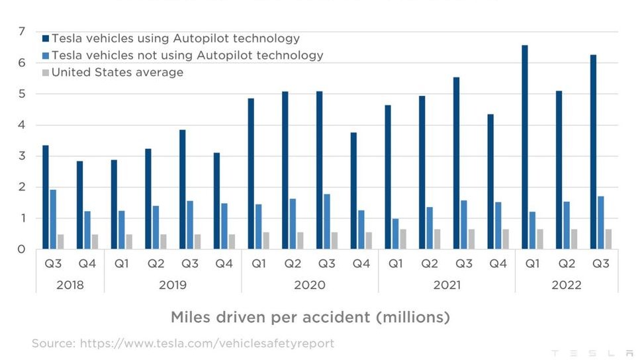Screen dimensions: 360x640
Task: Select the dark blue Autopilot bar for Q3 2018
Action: [46, 197]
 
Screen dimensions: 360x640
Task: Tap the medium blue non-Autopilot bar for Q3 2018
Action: [53, 219]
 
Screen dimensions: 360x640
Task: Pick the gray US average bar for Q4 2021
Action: [506, 239]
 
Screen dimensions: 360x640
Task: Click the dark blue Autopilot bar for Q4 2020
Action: [354, 191]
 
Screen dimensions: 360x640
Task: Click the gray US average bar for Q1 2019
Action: [129, 242]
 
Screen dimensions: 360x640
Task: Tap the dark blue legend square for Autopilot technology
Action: [46, 39]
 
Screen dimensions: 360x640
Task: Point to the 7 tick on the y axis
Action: [22, 32]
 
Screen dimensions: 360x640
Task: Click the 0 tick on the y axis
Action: [22, 249]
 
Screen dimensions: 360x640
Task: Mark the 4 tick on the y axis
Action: [22, 125]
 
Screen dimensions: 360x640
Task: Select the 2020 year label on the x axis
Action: [310, 285]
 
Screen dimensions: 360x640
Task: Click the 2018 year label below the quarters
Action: [70, 285]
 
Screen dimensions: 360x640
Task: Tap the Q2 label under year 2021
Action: [430, 263]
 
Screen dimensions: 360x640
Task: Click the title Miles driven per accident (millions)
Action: [310, 317]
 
